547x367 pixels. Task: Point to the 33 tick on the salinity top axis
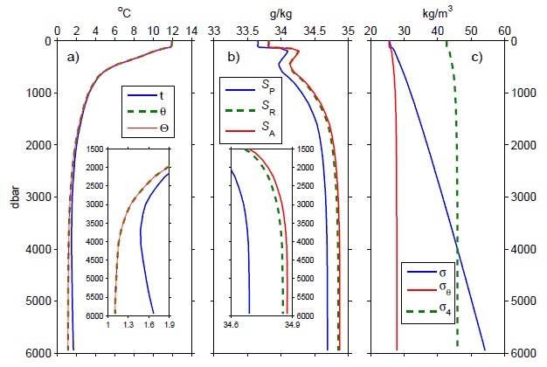pos(214,29)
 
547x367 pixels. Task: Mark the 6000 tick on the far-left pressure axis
pos(41,352)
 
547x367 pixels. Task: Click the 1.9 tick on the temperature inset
pos(169,324)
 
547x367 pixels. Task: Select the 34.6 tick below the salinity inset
pos(230,324)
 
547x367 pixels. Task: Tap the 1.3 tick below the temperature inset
pos(128,324)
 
